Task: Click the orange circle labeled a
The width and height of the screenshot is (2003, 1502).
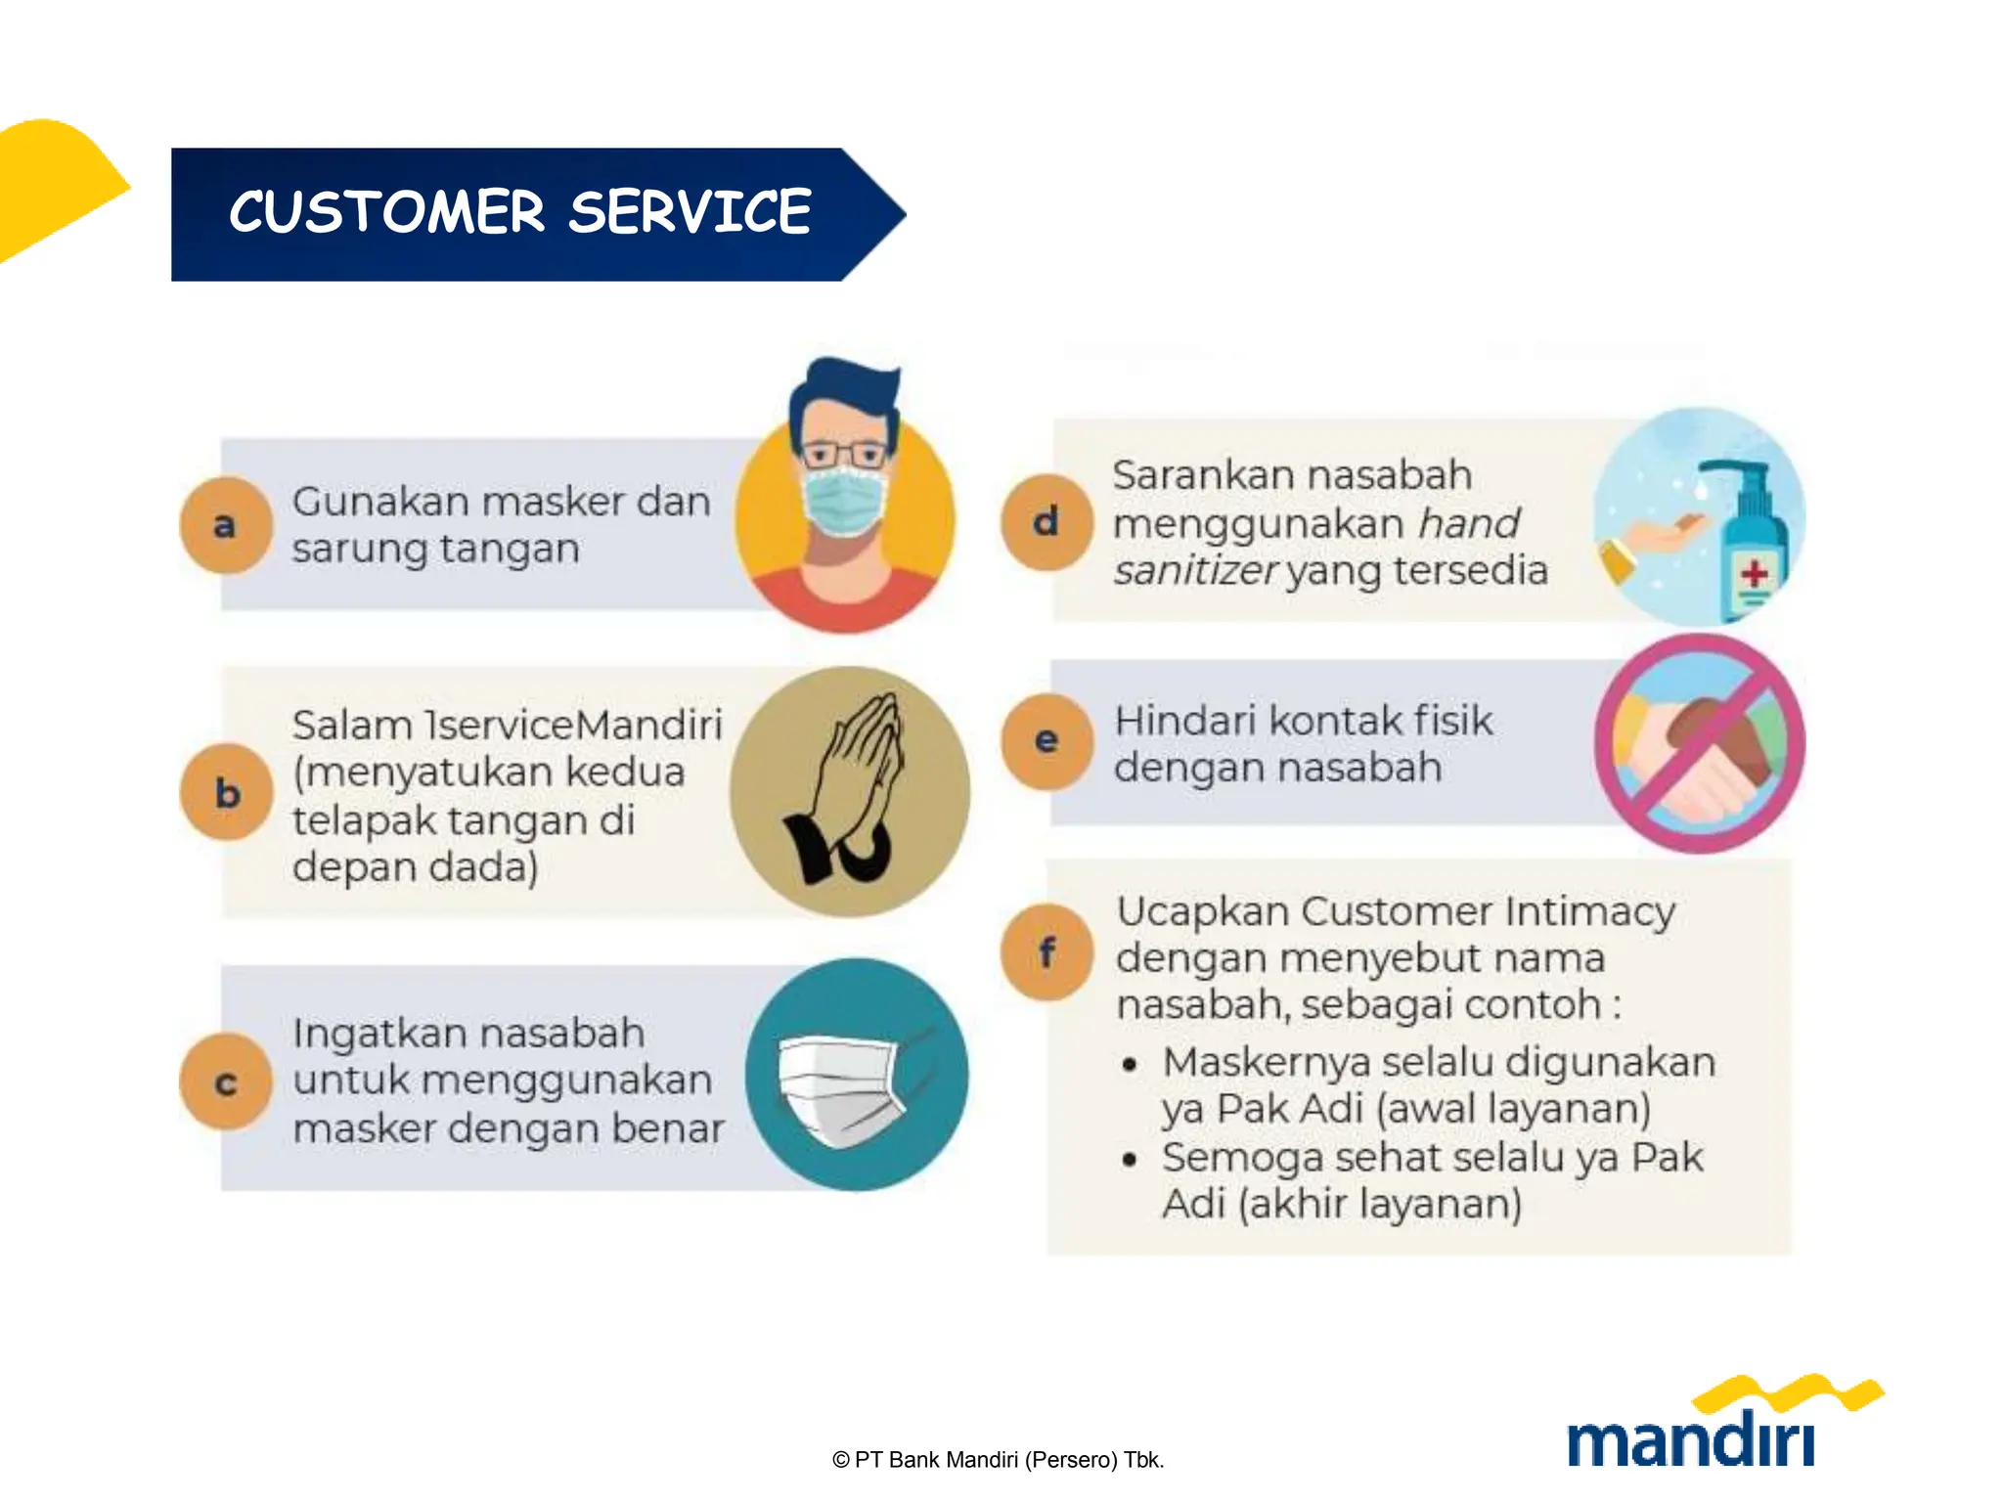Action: tap(225, 525)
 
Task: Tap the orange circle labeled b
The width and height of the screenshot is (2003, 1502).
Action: tap(226, 792)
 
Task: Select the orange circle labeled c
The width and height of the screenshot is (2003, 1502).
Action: tap(226, 1082)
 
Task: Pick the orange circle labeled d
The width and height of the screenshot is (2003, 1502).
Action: tap(1046, 521)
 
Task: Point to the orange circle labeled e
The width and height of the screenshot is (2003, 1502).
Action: tap(1046, 740)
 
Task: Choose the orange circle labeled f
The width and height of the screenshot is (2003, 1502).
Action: tap(1046, 951)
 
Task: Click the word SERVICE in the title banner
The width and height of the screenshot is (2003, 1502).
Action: tap(690, 212)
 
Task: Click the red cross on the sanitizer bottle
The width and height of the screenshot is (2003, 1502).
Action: tap(1755, 573)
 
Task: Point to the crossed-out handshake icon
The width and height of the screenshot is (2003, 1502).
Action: tap(1700, 743)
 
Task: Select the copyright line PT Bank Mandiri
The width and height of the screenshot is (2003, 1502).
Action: tap(998, 1460)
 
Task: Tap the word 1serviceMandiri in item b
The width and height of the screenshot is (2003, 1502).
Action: tap(573, 726)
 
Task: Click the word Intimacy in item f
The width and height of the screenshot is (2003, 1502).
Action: tap(1589, 911)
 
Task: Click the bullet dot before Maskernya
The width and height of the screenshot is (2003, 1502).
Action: tap(1130, 1065)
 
